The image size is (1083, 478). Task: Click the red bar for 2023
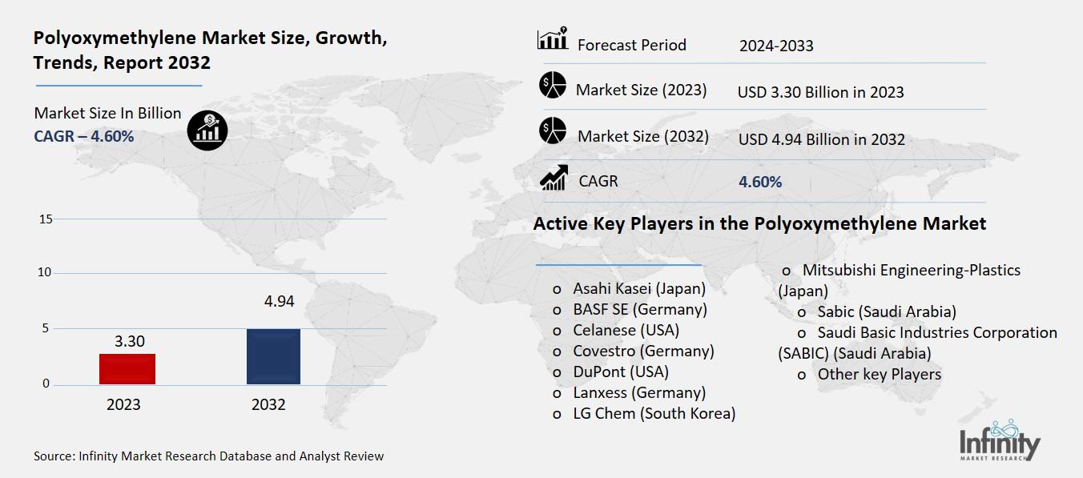point(127,368)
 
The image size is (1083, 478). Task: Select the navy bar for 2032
point(273,356)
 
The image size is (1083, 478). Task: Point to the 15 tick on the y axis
point(45,219)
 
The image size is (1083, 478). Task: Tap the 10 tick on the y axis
point(45,273)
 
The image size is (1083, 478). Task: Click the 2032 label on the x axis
point(268,404)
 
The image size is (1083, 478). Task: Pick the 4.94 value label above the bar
point(279,302)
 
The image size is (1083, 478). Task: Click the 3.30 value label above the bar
point(129,341)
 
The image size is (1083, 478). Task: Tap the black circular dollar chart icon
point(207,131)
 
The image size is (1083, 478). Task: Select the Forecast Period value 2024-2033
point(775,46)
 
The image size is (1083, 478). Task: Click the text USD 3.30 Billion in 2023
point(820,92)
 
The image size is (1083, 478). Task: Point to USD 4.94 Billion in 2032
point(821,139)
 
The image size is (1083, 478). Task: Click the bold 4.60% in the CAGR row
point(759,182)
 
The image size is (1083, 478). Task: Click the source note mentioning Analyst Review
point(208,456)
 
